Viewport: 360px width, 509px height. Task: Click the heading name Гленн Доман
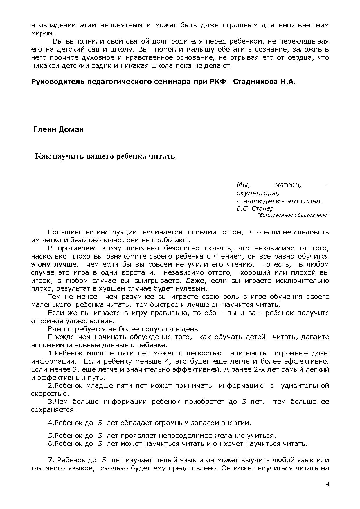(58, 129)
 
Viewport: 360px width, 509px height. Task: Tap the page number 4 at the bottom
(328, 484)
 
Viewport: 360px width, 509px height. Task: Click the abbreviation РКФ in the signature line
(217, 82)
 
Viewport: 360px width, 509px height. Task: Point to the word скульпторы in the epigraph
(257, 193)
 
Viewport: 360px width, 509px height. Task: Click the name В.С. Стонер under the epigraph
(255, 208)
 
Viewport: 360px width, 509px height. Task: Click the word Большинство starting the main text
(71, 232)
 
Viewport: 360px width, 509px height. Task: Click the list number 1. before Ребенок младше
(51, 353)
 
